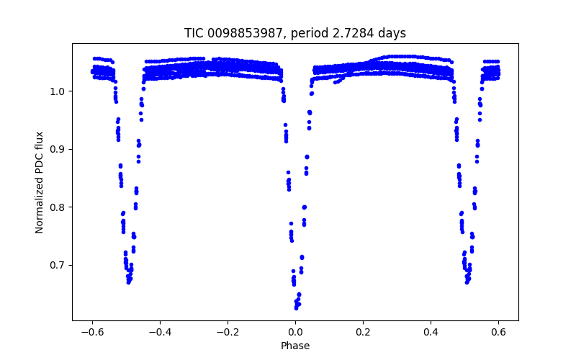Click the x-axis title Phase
pos(295,346)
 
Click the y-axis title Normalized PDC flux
pos(40,181)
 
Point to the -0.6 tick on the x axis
pos(92,332)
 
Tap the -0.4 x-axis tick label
pos(160,332)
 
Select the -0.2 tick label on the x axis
pos(228,332)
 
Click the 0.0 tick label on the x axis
pos(295,332)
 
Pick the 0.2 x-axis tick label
pos(363,332)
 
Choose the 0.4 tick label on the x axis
pos(431,332)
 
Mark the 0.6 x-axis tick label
pos(498,332)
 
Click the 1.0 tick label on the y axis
pos(60,91)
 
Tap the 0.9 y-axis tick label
pos(60,149)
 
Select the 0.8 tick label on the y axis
pos(60,207)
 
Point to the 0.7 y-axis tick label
pos(60,265)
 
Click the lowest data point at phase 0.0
pos(296,307)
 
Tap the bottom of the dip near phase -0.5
pos(128,282)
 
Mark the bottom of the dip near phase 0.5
pos(467,282)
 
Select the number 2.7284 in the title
pos(358,33)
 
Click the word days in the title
pos(393,33)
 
